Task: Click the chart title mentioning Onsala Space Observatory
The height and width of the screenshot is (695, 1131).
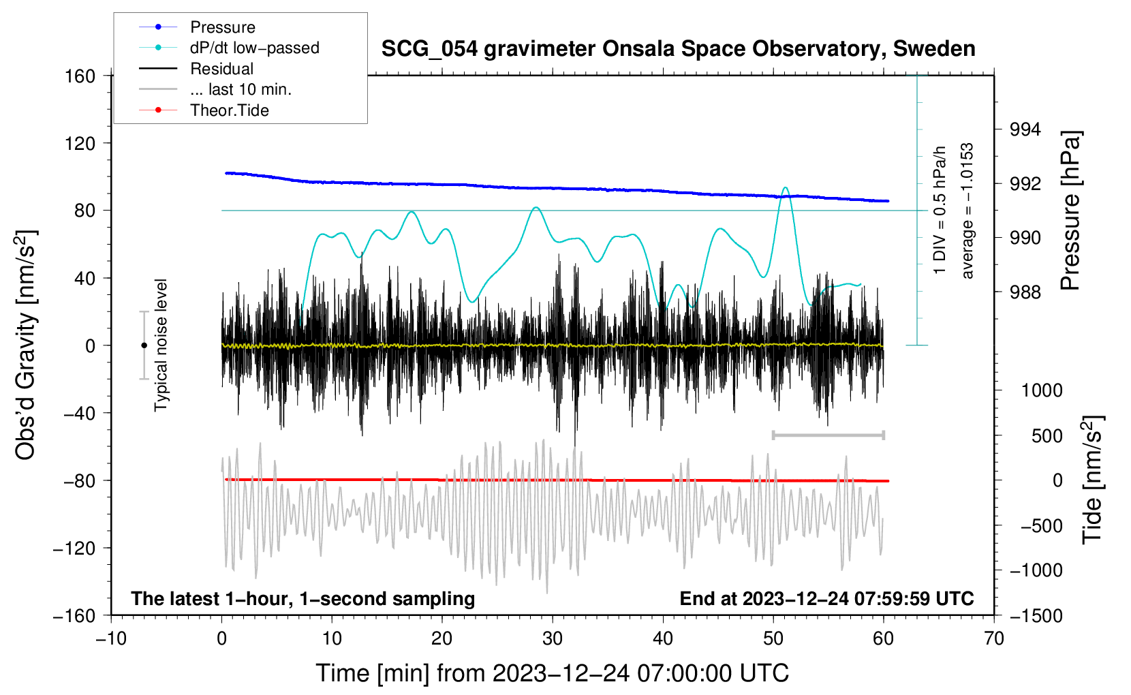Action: click(678, 49)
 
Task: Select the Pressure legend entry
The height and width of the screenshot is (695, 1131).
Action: click(222, 27)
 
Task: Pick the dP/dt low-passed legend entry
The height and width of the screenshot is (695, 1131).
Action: click(254, 48)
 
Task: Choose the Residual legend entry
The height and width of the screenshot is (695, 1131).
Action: click(221, 69)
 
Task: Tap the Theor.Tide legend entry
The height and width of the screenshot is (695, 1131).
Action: click(229, 110)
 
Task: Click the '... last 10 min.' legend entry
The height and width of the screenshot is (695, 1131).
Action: click(241, 89)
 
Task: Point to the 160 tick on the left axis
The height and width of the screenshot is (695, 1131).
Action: click(80, 76)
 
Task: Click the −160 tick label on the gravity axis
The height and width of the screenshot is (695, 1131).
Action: click(74, 615)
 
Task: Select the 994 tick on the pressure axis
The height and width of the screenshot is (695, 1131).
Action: click(1025, 129)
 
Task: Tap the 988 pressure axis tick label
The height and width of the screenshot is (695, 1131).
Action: click(1025, 292)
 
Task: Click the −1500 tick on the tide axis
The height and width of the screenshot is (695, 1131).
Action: click(1036, 615)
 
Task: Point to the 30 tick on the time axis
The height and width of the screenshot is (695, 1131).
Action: click(553, 638)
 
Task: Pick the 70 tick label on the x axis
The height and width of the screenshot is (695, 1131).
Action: click(994, 638)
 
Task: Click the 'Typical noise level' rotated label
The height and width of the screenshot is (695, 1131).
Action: click(161, 345)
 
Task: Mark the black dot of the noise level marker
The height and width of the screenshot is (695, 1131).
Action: click(144, 345)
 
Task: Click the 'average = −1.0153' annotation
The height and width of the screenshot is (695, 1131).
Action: click(967, 211)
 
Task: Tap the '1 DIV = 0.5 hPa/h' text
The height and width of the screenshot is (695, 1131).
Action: click(940, 210)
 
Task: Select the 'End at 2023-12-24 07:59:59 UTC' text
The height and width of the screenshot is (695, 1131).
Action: click(826, 598)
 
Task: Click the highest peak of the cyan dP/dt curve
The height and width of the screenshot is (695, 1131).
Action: click(786, 187)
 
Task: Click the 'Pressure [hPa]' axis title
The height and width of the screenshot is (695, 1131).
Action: click(1070, 211)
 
